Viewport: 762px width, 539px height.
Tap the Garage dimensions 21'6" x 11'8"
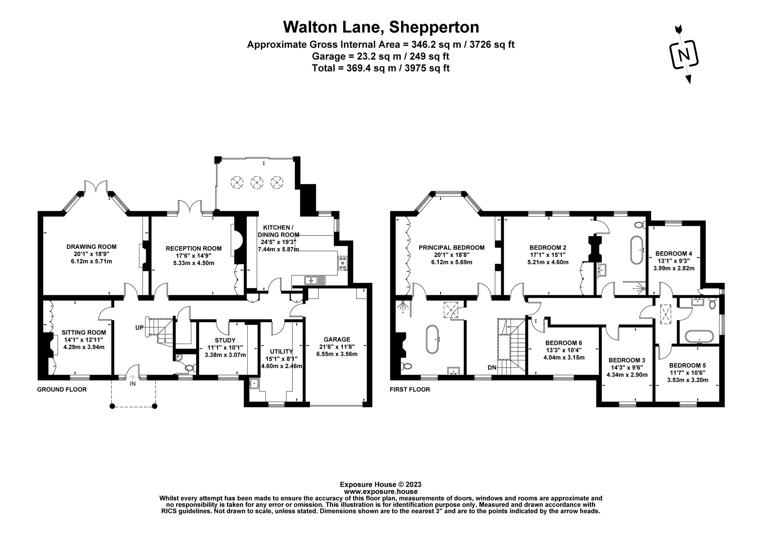click(337, 347)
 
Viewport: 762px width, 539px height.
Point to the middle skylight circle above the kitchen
click(257, 182)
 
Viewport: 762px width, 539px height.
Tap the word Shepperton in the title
click(434, 27)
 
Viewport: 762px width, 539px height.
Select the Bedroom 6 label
click(564, 343)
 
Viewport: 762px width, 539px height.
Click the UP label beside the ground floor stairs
click(139, 328)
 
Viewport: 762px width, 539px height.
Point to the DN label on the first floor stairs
click(492, 368)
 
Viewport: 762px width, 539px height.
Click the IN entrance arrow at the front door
click(133, 378)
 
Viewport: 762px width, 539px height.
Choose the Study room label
click(225, 340)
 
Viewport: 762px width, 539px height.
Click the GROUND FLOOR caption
click(62, 390)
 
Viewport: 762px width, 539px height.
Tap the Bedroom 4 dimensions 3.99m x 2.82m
click(674, 268)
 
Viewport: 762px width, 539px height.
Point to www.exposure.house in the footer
click(381, 492)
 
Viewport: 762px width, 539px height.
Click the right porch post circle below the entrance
click(154, 406)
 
